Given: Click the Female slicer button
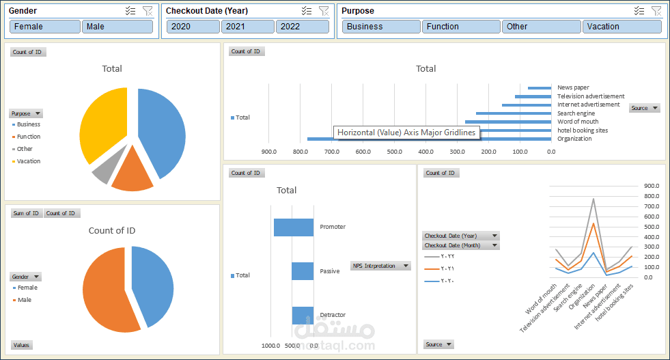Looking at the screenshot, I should (45, 27).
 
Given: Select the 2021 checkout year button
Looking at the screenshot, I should (247, 27).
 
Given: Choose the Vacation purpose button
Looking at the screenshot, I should (622, 27).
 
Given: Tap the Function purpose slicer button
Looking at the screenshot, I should (461, 27).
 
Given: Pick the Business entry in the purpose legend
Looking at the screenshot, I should (28, 124).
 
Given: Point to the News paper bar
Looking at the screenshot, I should (540, 87).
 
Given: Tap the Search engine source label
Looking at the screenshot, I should (576, 113).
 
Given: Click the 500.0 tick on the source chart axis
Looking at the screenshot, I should (395, 152).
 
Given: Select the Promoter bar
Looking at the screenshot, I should (294, 227).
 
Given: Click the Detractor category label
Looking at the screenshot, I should (333, 315).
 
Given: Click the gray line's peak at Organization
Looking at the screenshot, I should (594, 199).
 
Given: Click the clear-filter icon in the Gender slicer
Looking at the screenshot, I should (148, 10).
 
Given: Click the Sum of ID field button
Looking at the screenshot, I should (27, 213).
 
